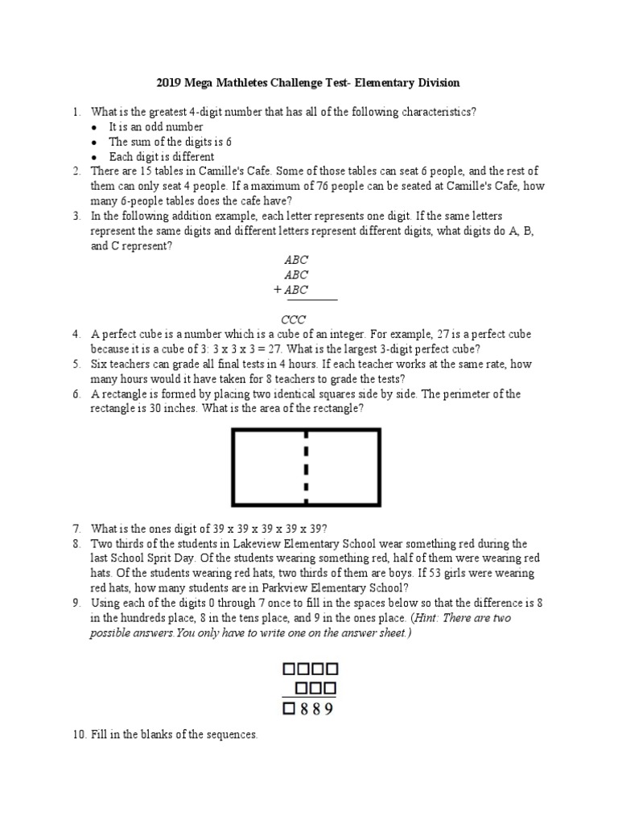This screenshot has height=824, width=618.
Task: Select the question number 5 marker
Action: pyautogui.click(x=76, y=365)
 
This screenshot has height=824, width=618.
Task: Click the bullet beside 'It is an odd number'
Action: pyautogui.click(x=94, y=128)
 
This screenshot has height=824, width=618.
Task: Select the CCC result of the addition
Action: pyautogui.click(x=294, y=319)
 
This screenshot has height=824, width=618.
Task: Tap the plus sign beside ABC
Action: pyautogui.click(x=278, y=290)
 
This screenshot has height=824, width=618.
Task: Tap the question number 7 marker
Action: pyautogui.click(x=76, y=529)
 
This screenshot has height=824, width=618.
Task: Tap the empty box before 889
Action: pyautogui.click(x=288, y=709)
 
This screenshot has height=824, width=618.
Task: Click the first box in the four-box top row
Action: pyautogui.click(x=288, y=668)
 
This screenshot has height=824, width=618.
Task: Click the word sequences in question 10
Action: pyautogui.click(x=232, y=735)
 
